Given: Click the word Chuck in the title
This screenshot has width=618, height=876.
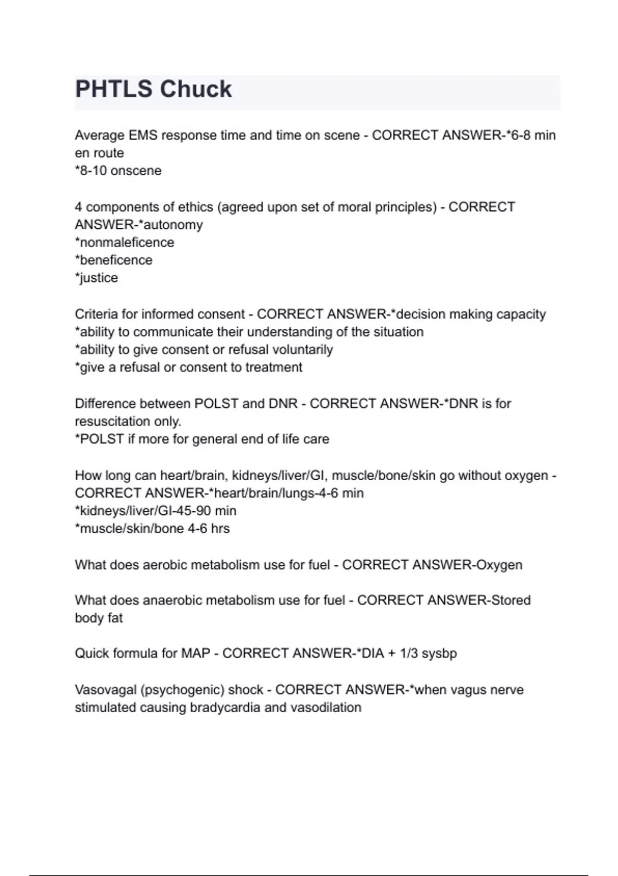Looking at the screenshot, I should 195,89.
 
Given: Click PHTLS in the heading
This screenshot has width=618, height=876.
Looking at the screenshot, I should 114,89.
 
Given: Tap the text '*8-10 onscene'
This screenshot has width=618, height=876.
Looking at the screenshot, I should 118,171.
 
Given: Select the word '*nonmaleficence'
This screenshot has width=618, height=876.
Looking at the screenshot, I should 125,242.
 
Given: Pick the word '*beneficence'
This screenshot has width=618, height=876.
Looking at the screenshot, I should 114,260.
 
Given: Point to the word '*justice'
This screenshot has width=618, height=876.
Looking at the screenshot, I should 96,278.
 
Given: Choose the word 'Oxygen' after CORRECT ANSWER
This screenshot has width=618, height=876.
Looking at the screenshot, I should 499,565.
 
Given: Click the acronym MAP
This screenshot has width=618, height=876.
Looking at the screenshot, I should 196,653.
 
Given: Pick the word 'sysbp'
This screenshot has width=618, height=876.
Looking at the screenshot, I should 439,653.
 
